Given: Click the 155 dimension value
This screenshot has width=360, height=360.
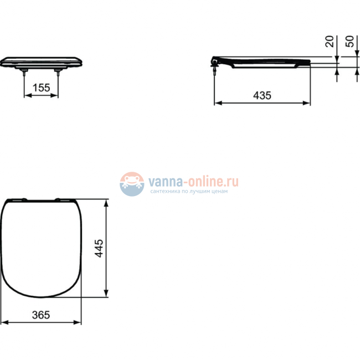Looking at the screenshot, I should (x=41, y=88).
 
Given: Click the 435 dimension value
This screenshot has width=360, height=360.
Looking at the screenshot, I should (x=262, y=95).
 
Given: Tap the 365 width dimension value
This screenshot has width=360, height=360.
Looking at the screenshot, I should (x=40, y=315).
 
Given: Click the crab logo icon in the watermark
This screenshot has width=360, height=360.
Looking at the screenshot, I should (x=132, y=183).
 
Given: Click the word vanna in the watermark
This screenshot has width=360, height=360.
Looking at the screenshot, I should (x=164, y=181).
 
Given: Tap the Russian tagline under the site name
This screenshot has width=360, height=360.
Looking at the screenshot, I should (x=189, y=192).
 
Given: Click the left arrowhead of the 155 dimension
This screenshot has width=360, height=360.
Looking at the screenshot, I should (x=26, y=95).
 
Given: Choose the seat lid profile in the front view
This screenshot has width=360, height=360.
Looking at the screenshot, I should (x=41, y=61).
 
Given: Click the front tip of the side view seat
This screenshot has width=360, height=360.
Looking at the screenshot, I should (x=308, y=62).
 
